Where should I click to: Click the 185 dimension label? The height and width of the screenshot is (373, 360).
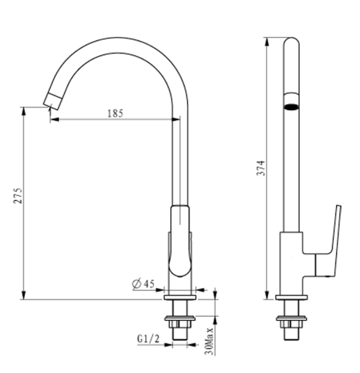[x=115, y=113]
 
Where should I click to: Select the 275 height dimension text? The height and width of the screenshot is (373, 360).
[x=18, y=196]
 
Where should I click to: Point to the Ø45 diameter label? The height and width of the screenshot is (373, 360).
[x=143, y=284]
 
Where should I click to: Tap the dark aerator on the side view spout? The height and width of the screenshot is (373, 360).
[x=291, y=106]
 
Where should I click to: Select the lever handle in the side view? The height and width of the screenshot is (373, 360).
[x=334, y=236]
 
